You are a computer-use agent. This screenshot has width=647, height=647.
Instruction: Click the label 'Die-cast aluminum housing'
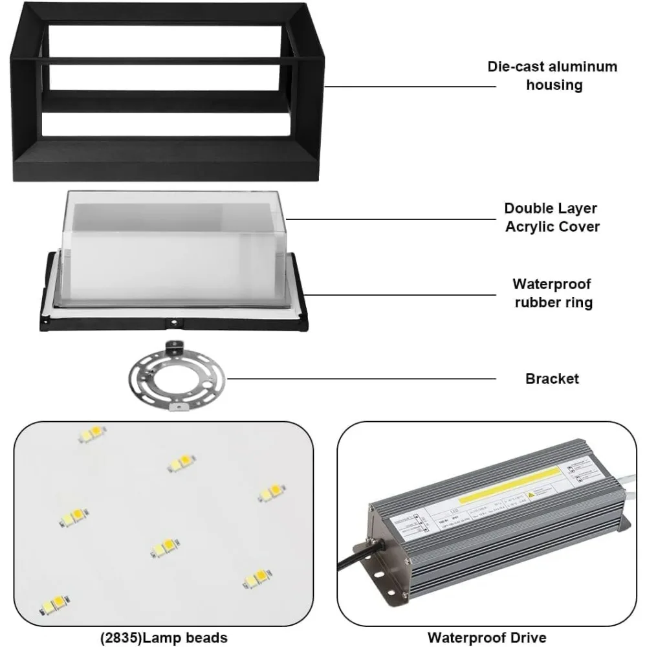(552, 76)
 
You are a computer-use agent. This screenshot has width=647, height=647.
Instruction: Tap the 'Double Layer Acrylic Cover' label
(551, 217)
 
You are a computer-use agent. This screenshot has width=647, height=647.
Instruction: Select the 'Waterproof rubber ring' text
(553, 292)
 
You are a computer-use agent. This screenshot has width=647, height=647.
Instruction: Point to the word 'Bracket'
(552, 378)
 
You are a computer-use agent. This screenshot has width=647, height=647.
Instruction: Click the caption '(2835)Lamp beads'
(164, 637)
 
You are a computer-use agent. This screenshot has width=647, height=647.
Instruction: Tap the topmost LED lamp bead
(92, 433)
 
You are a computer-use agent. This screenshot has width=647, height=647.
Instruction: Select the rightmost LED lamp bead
(272, 493)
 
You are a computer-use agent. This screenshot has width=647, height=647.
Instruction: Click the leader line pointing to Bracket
(362, 378)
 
